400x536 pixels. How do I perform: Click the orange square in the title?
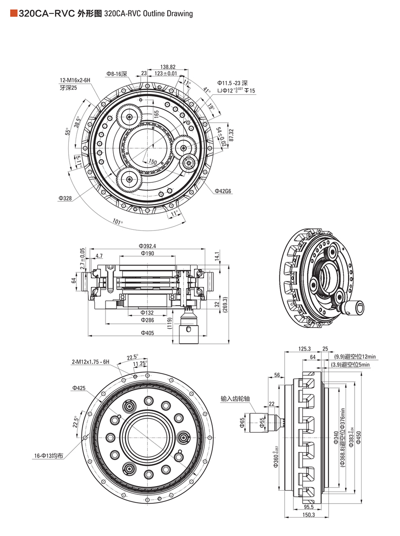(x=14, y=14)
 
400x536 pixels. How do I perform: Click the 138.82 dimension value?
(x=168, y=67)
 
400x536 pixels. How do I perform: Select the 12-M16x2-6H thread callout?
(x=75, y=80)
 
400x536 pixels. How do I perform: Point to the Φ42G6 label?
(x=223, y=191)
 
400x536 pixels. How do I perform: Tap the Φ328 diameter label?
(x=65, y=198)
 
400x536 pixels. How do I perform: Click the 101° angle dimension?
(x=117, y=222)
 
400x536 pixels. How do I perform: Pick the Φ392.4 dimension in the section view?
(x=147, y=246)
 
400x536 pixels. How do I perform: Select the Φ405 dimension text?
(x=147, y=333)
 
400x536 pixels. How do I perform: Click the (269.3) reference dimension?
(x=225, y=304)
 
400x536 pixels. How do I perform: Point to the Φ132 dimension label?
(x=147, y=313)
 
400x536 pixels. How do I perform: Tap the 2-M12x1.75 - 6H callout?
(x=91, y=362)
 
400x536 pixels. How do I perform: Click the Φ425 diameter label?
(x=79, y=388)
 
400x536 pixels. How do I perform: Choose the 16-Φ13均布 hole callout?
(x=49, y=456)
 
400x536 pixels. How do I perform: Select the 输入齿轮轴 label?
(x=235, y=399)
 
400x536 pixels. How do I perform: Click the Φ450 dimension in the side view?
(x=359, y=437)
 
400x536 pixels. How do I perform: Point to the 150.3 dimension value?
(x=309, y=515)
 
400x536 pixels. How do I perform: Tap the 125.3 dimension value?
(x=304, y=349)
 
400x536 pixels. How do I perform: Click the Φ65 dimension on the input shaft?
(x=243, y=423)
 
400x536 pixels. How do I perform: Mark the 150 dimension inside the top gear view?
(x=152, y=162)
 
